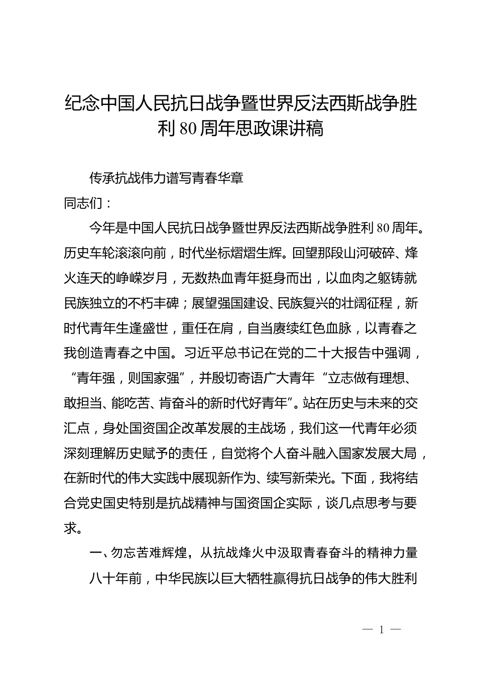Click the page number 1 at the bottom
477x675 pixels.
pos(382,630)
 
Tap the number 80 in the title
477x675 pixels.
pos(186,129)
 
